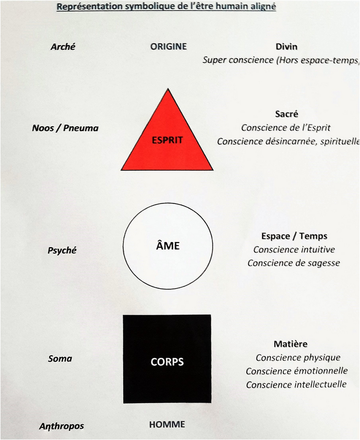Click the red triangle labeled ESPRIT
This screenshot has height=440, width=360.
[167, 140]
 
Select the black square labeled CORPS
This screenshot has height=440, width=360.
[167, 359]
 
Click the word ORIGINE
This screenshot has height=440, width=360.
[168, 46]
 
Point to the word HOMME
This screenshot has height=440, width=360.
[167, 424]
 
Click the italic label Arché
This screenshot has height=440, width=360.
[63, 47]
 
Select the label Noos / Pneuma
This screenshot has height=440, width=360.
[65, 128]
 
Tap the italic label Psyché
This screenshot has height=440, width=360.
[62, 250]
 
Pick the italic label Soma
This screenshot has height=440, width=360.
[60, 359]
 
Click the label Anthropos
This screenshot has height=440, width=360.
[61, 426]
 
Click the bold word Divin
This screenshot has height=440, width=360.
[286, 47]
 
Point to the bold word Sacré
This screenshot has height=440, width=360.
[286, 114]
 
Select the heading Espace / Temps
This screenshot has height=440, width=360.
[295, 236]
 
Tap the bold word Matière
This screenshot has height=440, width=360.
[291, 344]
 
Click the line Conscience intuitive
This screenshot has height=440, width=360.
[294, 250]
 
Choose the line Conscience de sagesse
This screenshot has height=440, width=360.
[294, 263]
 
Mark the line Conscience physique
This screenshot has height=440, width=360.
[298, 358]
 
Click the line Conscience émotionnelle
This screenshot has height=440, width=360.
[297, 371]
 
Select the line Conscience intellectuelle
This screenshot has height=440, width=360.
[296, 385]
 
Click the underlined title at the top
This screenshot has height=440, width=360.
[166, 7]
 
